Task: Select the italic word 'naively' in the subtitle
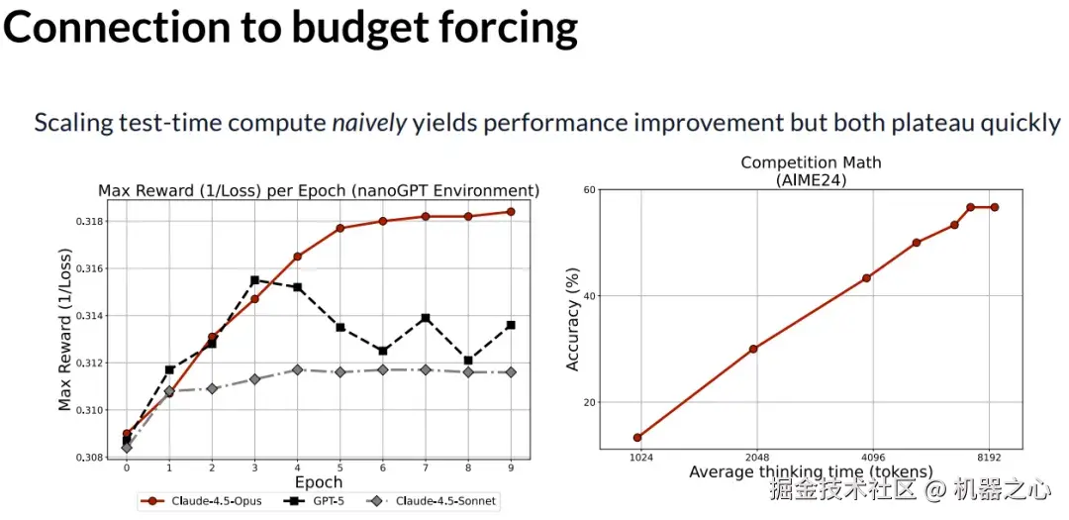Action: click(x=368, y=124)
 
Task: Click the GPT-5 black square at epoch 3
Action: click(x=254, y=280)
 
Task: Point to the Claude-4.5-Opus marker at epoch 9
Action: click(x=511, y=211)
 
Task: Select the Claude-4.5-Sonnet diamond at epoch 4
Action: click(x=297, y=369)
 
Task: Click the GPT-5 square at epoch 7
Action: click(x=425, y=318)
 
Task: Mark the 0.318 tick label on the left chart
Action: click(x=87, y=221)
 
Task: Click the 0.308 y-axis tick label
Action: click(x=87, y=458)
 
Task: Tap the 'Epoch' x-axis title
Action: click(x=318, y=482)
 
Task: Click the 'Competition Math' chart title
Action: click(x=811, y=161)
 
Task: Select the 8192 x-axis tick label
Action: click(x=988, y=458)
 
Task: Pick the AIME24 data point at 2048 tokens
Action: click(x=753, y=349)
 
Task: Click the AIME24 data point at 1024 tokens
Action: click(x=637, y=437)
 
